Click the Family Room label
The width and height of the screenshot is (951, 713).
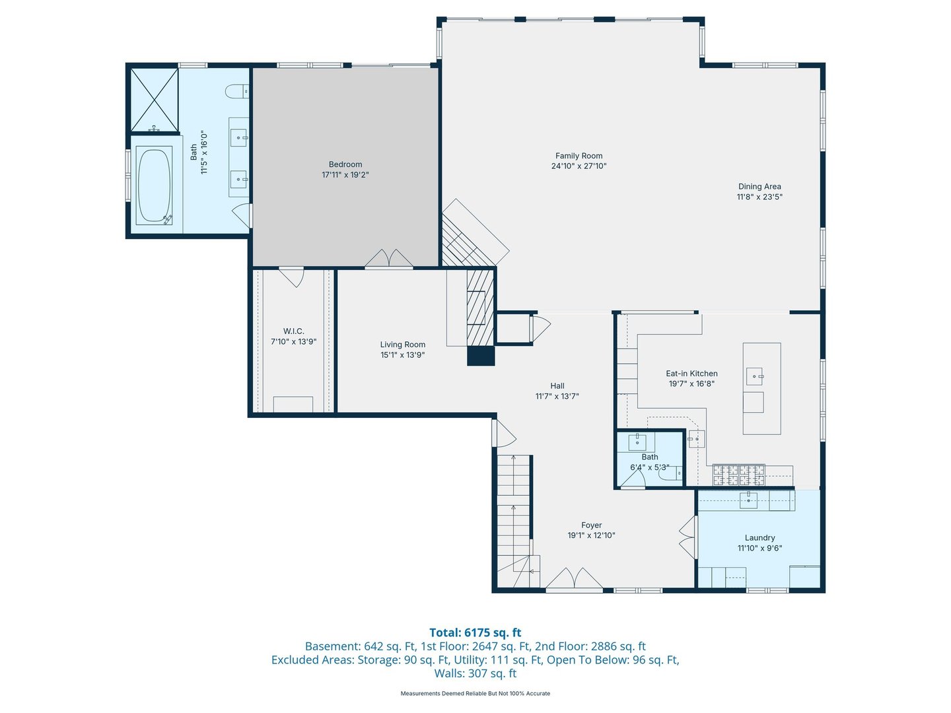579,156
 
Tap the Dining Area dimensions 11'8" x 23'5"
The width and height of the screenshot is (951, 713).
759,197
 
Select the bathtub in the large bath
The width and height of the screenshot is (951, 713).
154,186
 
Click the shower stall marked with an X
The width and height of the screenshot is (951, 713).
155,99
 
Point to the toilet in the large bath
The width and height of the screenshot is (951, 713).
236,91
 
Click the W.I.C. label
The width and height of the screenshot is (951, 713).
293,331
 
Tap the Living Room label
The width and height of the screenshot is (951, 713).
402,345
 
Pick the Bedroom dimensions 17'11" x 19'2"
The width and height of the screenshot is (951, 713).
345,175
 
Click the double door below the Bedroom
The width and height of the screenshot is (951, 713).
389,259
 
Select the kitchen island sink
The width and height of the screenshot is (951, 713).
754,376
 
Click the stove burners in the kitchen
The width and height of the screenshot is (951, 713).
739,475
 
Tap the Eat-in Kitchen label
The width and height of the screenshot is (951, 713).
691,374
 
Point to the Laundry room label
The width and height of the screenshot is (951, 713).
759,537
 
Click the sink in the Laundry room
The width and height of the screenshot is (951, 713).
748,500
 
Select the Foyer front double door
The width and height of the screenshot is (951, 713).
574,578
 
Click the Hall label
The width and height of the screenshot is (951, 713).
557,386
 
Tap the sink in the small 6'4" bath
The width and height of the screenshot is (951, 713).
637,442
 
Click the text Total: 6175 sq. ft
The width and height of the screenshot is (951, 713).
475,632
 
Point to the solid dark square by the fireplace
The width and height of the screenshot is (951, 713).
481,356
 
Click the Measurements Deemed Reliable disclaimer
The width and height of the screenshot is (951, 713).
475,693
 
